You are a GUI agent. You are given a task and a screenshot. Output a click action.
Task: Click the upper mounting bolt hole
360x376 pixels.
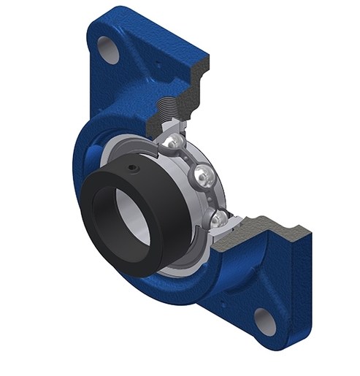pos(109,49)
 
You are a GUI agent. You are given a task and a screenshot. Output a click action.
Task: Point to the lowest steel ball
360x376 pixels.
pos(219,218)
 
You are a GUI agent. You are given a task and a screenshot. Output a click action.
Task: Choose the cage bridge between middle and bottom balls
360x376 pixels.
pos(214,198)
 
